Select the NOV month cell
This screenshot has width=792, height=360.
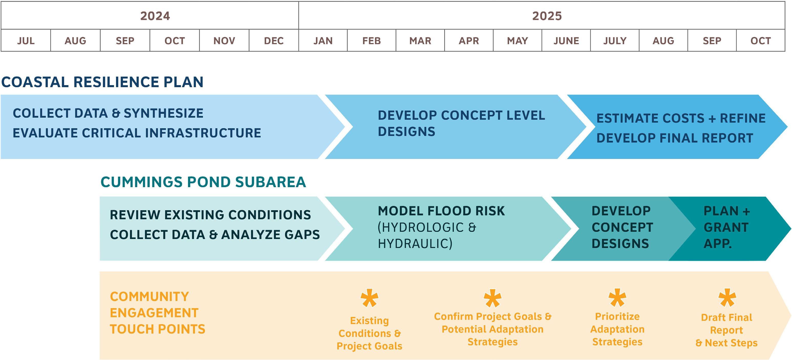224,40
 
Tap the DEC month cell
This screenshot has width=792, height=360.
274,40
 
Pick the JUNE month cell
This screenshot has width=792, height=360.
566,40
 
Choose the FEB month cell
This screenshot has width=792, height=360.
372,40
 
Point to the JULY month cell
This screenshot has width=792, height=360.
614,40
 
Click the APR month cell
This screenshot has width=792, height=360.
469,40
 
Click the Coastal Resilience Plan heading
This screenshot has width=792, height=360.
102,82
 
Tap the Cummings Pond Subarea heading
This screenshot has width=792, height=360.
203,182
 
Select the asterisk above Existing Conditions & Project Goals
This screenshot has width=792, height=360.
369,298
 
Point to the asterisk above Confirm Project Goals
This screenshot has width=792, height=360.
493,298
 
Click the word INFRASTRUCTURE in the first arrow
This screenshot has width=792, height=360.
203,133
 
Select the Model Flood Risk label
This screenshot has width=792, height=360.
441,211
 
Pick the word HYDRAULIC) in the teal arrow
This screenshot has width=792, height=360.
415,244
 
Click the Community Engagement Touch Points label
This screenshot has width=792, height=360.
158,313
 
